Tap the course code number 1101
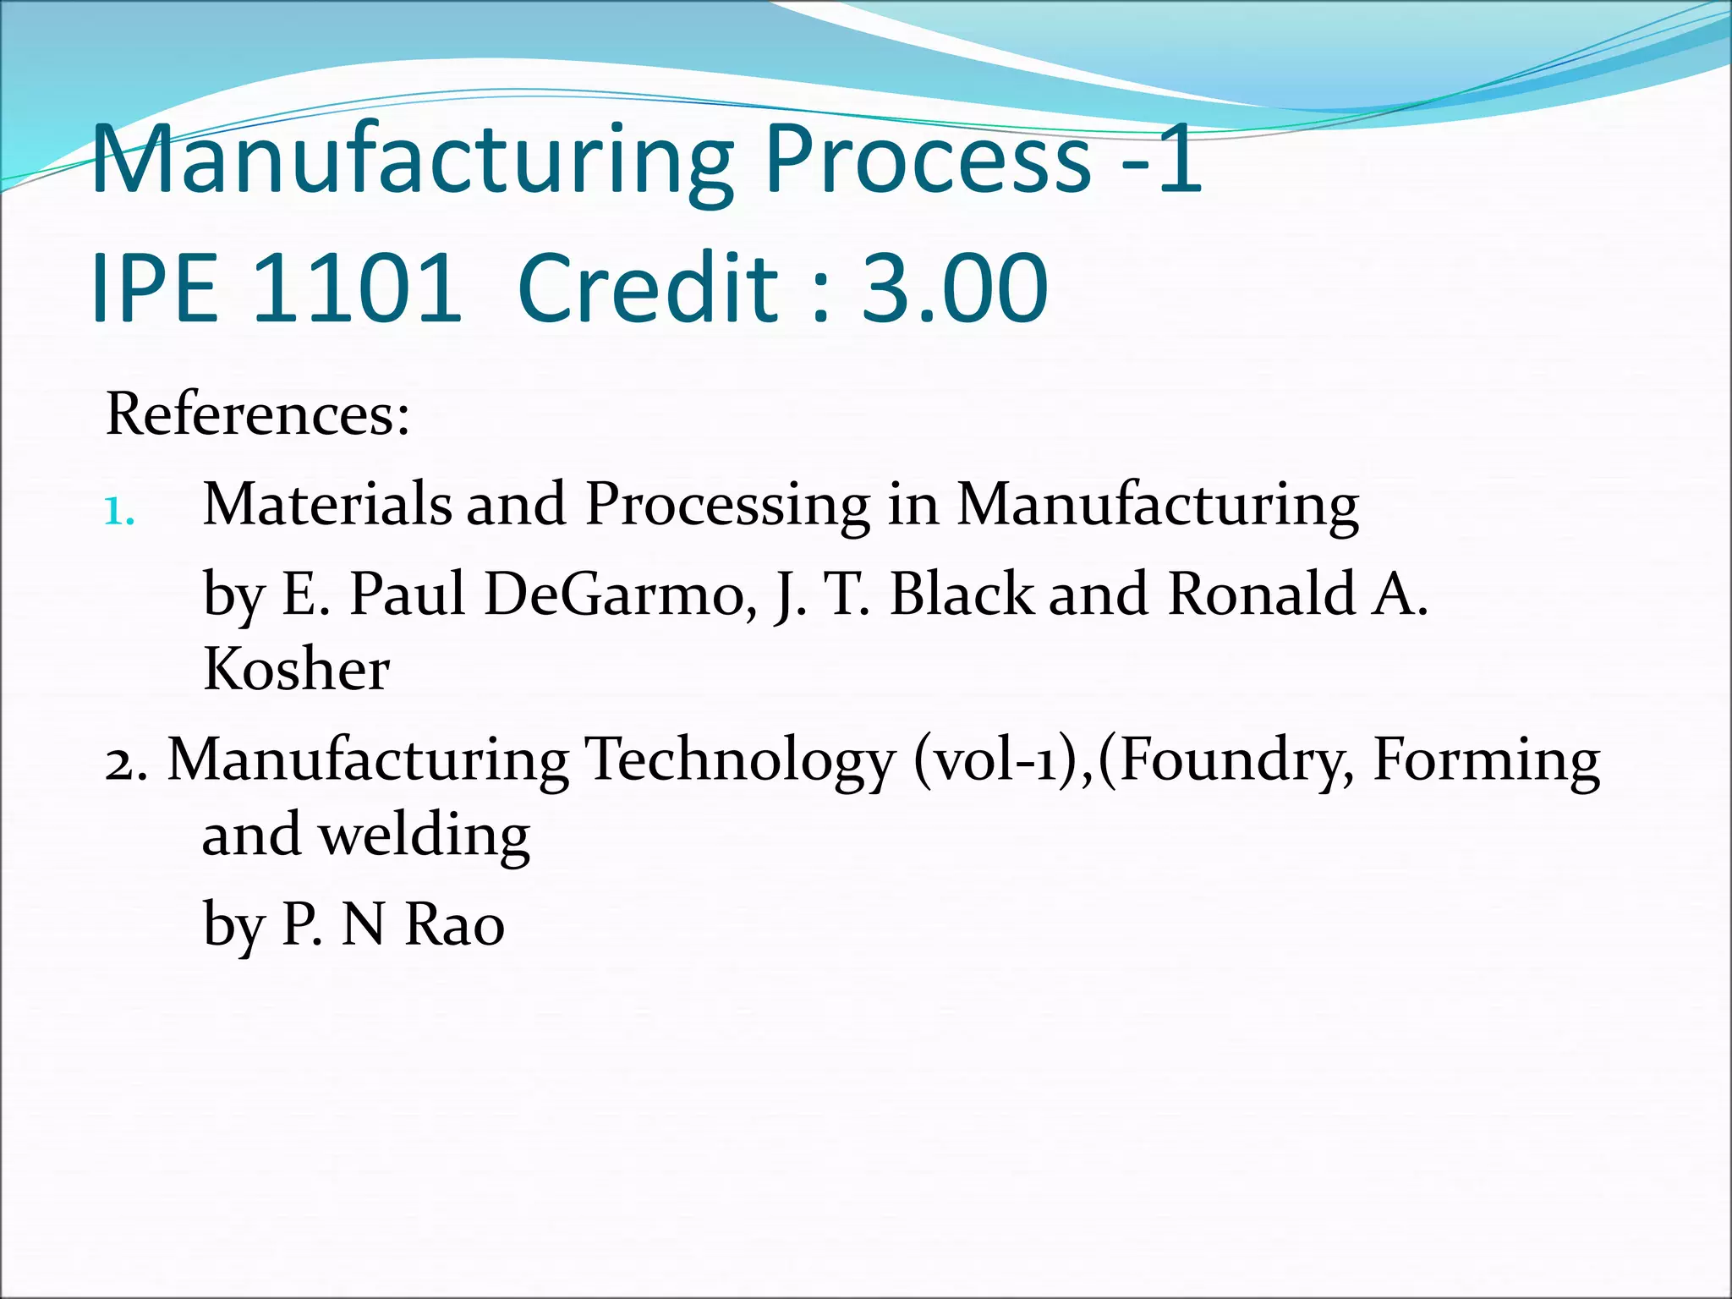click(x=357, y=288)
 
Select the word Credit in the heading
click(x=647, y=288)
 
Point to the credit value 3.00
click(x=955, y=288)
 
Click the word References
click(x=257, y=414)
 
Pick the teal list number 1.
click(x=118, y=511)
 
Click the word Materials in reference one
click(x=326, y=505)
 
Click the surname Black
click(x=962, y=594)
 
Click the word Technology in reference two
click(x=739, y=762)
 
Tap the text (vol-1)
click(x=999, y=761)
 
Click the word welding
click(x=424, y=836)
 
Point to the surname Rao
click(x=455, y=924)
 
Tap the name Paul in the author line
click(x=408, y=594)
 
